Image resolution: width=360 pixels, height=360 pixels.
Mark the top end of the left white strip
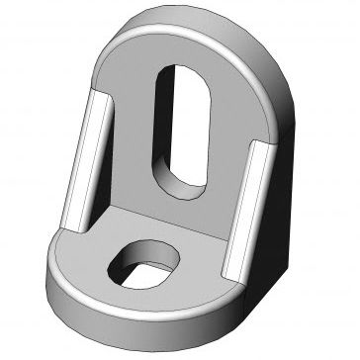(x=99, y=96)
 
